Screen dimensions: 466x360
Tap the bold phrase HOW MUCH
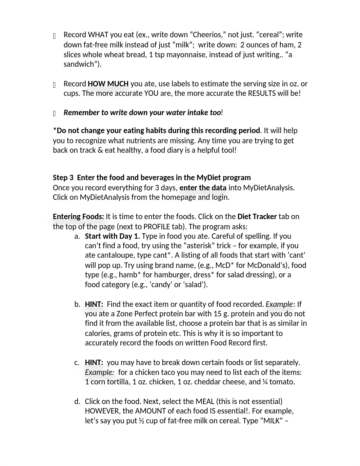(x=108, y=84)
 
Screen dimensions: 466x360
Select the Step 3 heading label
(x=63, y=177)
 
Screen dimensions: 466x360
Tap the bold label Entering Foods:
(x=78, y=216)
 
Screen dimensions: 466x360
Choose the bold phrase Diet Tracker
(x=257, y=216)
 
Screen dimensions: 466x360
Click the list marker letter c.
(x=77, y=362)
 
